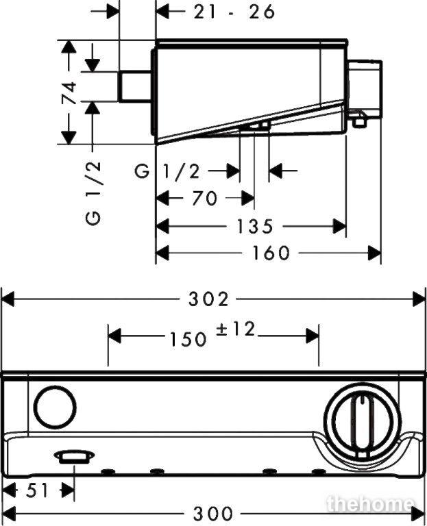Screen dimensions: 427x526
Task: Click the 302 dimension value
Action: pyautogui.click(x=208, y=299)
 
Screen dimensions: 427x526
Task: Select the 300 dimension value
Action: pyautogui.click(x=213, y=513)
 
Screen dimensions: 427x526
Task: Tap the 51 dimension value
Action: pyautogui.click(x=37, y=492)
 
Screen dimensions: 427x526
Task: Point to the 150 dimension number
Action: pyautogui.click(x=188, y=339)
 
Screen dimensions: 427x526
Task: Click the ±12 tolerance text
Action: pyautogui.click(x=235, y=329)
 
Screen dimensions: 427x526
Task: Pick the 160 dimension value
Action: pyautogui.click(x=271, y=253)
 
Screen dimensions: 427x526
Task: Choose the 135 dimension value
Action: pyautogui.click(x=255, y=226)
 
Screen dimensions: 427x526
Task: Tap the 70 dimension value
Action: pyautogui.click(x=205, y=198)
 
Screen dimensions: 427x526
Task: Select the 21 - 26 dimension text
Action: pyautogui.click(x=234, y=12)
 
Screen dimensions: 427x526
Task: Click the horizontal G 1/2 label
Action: pyautogui.click(x=167, y=172)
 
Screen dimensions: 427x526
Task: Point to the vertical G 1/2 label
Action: pyautogui.click(x=93, y=193)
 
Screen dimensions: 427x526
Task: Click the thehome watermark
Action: pyautogui.click(x=370, y=504)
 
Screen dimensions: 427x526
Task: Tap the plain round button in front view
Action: pyautogui.click(x=55, y=408)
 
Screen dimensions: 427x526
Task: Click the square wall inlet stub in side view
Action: pyautogui.click(x=134, y=86)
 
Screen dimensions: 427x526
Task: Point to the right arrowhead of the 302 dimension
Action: pyautogui.click(x=419, y=299)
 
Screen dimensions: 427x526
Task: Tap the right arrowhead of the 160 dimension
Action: pyautogui.click(x=375, y=253)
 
